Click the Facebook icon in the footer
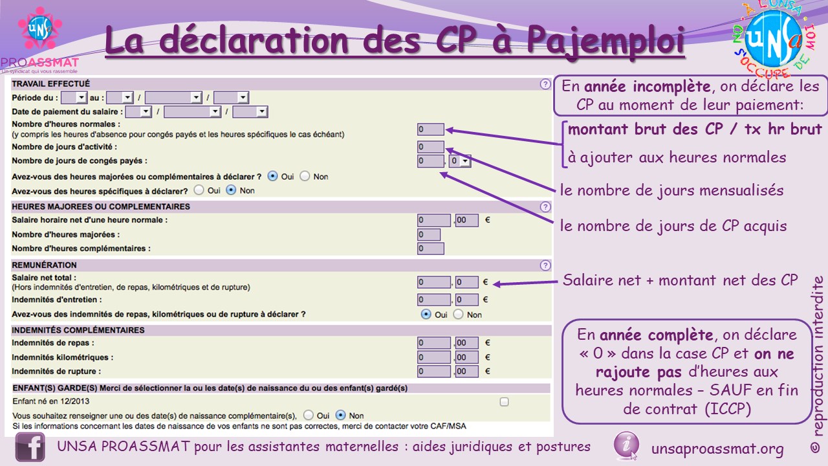pos(30,447)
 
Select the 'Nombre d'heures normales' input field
pos(431,129)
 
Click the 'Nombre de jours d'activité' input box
pos(431,147)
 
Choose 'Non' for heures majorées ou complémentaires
pos(305,177)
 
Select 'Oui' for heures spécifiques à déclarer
pos(199,190)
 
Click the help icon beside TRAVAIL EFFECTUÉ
pos(545,84)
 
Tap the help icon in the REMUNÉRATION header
pos(545,265)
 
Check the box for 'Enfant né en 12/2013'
pos(504,402)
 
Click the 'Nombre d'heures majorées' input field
pos(429,234)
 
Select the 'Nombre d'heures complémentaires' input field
pos(431,249)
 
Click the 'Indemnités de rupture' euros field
pos(434,372)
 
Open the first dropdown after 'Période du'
pos(74,98)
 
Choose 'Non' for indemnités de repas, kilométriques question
pos(459,315)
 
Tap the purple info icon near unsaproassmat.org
pos(626,445)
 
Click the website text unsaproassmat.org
pos(717,449)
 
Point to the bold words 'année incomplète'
pos(648,87)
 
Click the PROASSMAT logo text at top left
pos(40,62)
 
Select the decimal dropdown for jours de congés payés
pos(460,161)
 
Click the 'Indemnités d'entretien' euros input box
pos(434,300)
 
